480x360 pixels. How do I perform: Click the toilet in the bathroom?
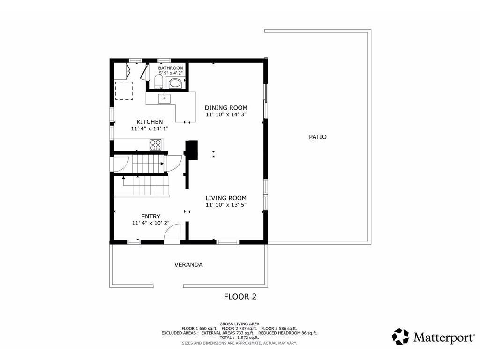point(158,83)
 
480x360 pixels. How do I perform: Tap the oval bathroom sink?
point(176,84)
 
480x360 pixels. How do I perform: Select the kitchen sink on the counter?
point(164,97)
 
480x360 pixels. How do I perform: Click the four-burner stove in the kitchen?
point(155,145)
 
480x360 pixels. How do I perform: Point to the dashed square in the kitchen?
point(124,90)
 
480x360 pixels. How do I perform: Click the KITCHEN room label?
point(150,122)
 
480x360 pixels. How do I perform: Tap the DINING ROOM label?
point(226,108)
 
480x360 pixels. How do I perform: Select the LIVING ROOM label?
point(226,198)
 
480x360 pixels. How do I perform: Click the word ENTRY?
point(151,216)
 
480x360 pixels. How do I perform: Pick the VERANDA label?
point(188,264)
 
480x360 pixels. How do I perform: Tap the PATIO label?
point(317,137)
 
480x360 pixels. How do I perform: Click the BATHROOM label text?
point(171,68)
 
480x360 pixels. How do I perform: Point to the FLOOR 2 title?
point(240,296)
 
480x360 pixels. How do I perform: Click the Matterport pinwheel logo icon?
point(400,337)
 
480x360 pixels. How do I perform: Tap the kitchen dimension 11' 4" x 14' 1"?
point(150,128)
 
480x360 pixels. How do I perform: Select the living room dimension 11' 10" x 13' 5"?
point(226,204)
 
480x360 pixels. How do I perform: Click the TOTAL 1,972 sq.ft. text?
point(240,337)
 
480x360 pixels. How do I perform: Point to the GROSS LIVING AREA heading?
point(240,323)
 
